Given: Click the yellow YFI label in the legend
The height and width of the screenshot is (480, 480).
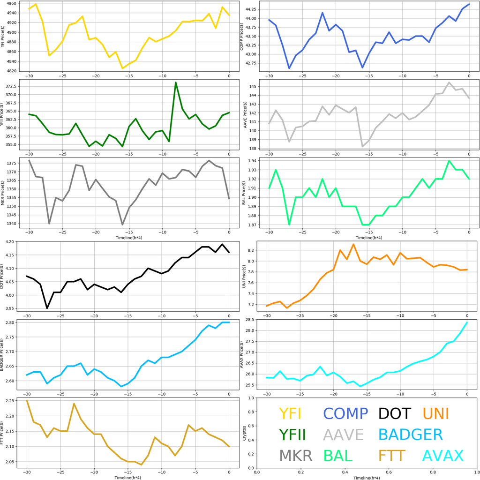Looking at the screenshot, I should click(290, 413).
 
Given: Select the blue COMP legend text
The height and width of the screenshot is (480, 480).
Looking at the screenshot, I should click(345, 413).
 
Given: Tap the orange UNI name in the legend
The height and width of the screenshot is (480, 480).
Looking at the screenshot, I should click(435, 413).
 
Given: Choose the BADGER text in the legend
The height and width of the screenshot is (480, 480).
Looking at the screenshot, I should click(410, 435).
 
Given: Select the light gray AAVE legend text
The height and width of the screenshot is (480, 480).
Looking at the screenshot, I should click(344, 435).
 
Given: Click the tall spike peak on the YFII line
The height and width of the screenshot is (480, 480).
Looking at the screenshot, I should click(176, 82).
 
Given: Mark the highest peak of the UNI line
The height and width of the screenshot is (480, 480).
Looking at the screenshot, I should click(353, 244).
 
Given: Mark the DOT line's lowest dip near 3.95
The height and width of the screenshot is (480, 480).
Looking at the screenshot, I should click(47, 308).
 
